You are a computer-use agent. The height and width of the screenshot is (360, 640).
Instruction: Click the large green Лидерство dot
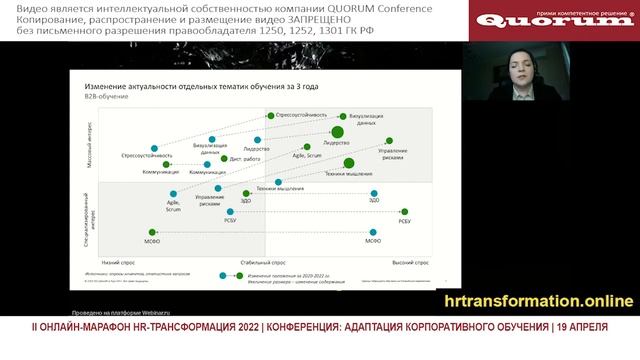338,131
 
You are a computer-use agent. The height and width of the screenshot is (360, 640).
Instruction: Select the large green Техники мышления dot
348,162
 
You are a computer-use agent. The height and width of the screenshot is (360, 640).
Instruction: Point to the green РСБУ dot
404,211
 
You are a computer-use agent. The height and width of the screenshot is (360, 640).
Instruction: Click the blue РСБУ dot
231,211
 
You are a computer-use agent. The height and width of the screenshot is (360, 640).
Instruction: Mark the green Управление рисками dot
389,141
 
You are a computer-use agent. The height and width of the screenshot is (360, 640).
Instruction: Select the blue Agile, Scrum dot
174,192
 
